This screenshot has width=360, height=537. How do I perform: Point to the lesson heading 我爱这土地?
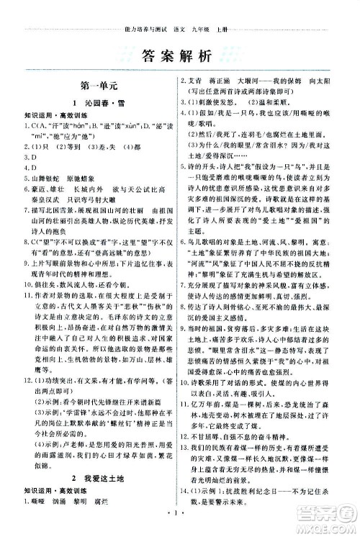point(106,477)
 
